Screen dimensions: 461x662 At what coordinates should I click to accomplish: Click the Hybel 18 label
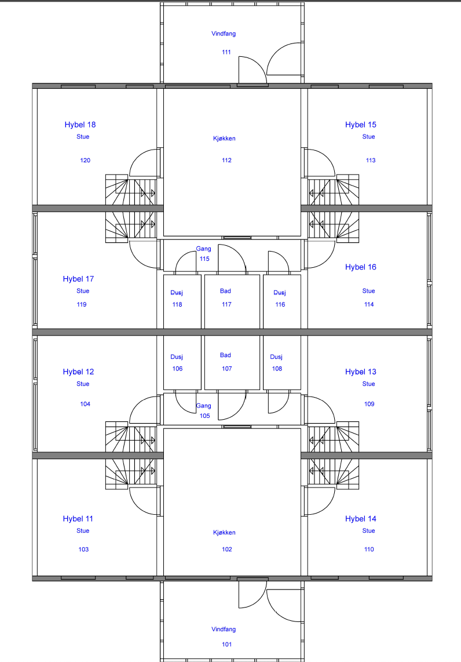80,125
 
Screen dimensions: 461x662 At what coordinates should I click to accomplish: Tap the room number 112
226,160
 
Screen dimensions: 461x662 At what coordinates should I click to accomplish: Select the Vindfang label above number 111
224,34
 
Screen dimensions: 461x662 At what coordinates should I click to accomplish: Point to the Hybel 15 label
361,125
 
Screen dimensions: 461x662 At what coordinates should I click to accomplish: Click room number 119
82,304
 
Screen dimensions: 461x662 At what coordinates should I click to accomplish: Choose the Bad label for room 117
225,291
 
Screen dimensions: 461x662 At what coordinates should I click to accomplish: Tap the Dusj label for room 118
177,293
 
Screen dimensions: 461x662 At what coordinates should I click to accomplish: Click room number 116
280,304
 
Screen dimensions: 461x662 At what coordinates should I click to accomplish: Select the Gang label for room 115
203,249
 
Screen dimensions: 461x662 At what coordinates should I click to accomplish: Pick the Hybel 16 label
361,267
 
